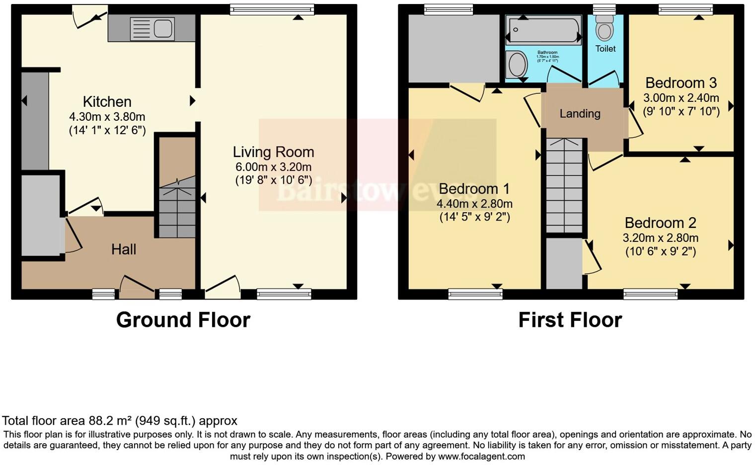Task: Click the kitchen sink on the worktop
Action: coord(152,28)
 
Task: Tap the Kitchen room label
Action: coord(107,102)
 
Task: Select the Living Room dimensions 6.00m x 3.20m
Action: coord(273,167)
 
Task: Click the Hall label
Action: coord(124,249)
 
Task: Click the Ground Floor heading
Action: coord(183,320)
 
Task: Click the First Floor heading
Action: coord(570,320)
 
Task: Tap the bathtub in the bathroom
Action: coord(543,30)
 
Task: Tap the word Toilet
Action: coord(605,49)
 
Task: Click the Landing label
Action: coord(580,114)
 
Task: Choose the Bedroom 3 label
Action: coord(681,82)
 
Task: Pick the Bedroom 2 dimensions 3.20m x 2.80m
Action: coord(660,238)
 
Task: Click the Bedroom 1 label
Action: coord(474,189)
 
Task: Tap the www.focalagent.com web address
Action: coord(481,456)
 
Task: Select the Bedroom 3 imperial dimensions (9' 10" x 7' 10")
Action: coord(681,111)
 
